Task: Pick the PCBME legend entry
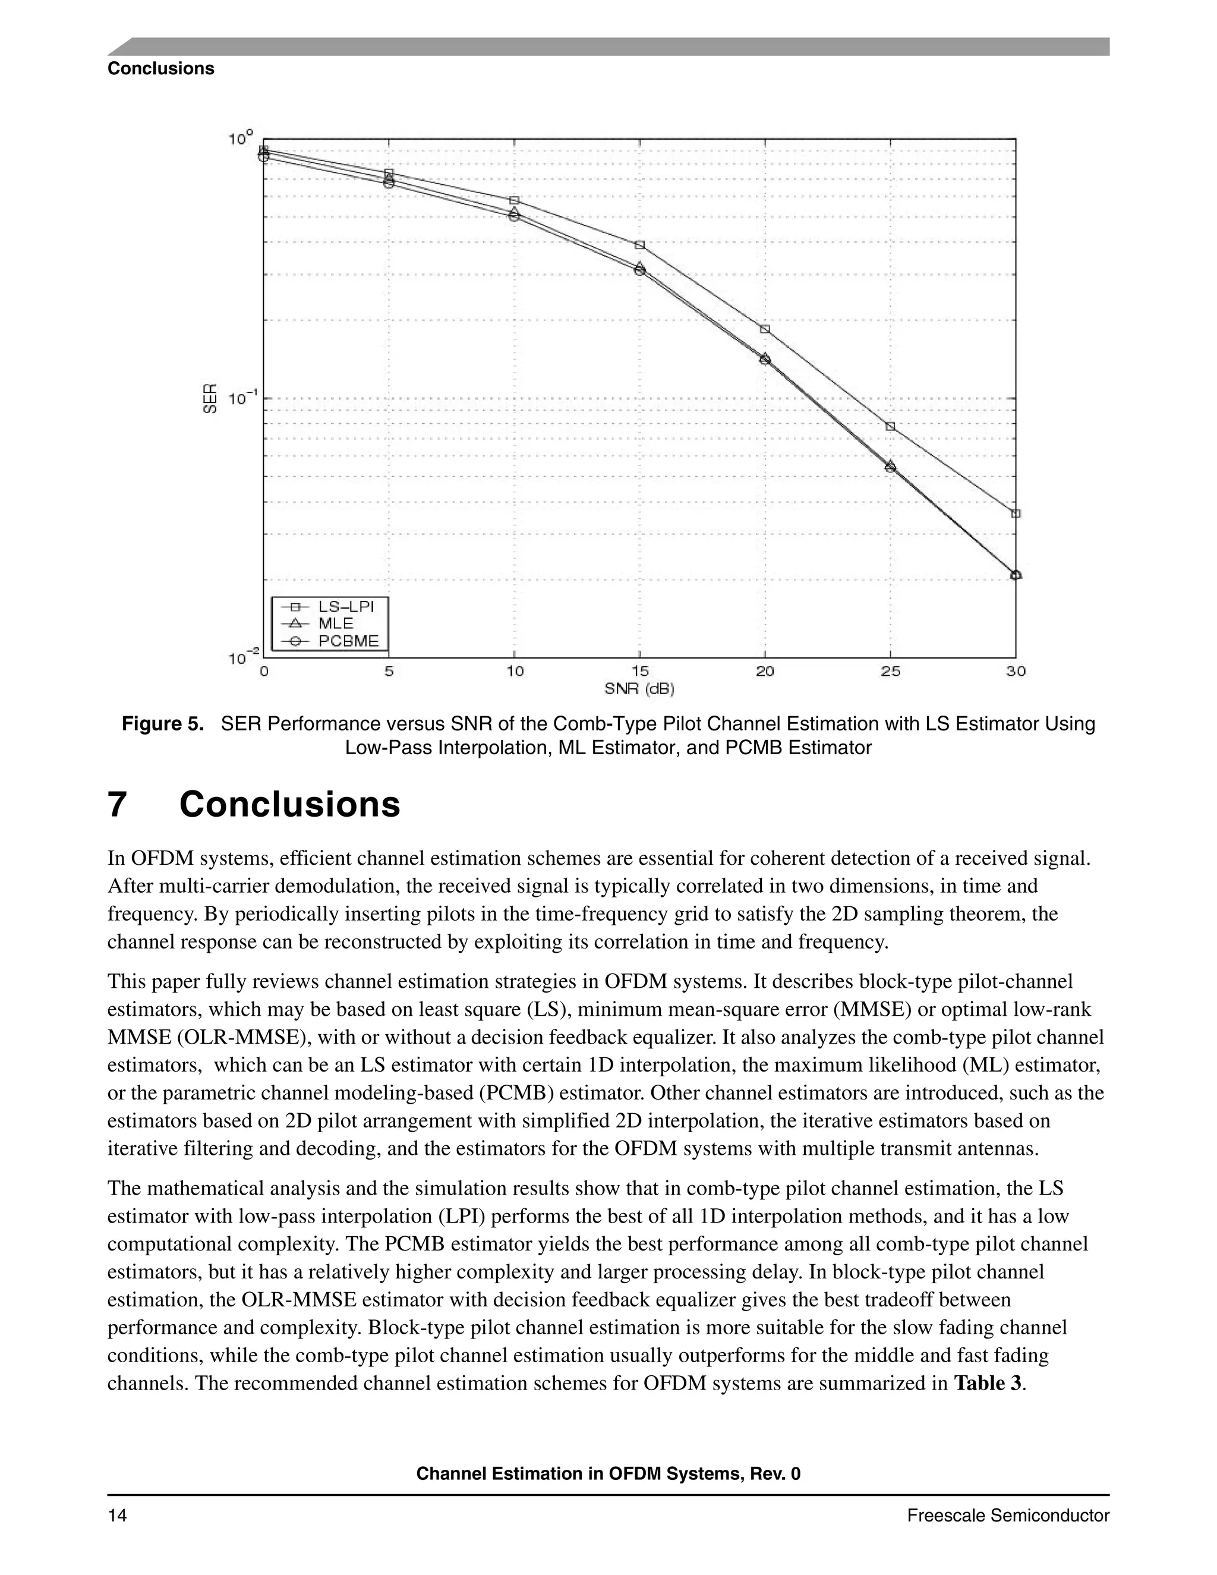pos(348,641)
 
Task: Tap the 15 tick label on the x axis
pos(639,672)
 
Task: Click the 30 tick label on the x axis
pos(1015,672)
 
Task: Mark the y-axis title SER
pos(210,398)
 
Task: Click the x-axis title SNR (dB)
pos(639,689)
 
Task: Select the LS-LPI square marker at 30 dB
pos(1016,514)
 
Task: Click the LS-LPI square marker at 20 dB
pos(765,329)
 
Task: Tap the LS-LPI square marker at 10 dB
pos(514,200)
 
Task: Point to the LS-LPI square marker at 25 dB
pos(890,426)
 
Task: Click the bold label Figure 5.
pos(163,724)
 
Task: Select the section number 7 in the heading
pos(118,805)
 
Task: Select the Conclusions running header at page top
pos(161,68)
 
